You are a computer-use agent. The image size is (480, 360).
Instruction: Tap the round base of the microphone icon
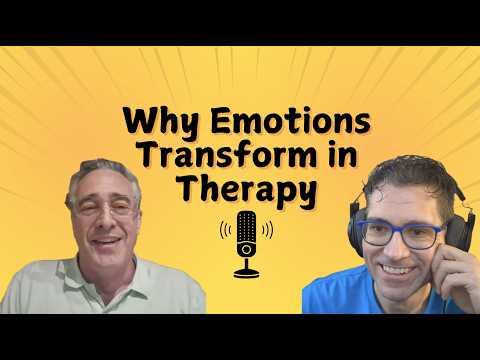pyautogui.click(x=244, y=272)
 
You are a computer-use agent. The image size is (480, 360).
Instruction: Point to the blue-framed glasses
pyautogui.click(x=400, y=234)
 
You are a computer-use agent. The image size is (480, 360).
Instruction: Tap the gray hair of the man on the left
pyautogui.click(x=100, y=170)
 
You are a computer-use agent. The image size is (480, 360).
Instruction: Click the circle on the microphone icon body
pyautogui.click(x=244, y=247)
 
